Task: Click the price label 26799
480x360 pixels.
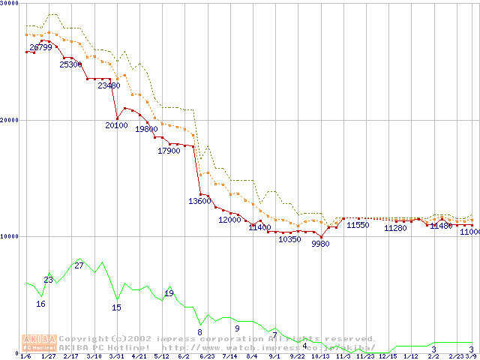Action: coord(40,47)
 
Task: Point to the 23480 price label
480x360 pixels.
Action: coord(109,85)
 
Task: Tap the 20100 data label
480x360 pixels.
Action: coord(116,125)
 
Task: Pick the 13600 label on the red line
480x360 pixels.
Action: coord(199,201)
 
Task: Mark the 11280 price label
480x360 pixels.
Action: coord(395,228)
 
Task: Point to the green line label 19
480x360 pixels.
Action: coord(169,292)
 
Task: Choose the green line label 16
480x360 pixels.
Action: coord(40,304)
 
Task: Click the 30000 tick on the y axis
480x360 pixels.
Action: coord(10,3)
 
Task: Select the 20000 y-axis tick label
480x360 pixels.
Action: coord(10,120)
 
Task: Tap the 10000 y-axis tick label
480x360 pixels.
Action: coord(10,236)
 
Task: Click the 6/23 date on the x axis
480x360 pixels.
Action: coord(207,356)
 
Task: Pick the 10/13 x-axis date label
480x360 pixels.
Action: coord(321,356)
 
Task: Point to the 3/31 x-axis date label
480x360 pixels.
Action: coord(117,356)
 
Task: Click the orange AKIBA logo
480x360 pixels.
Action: coord(39,342)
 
